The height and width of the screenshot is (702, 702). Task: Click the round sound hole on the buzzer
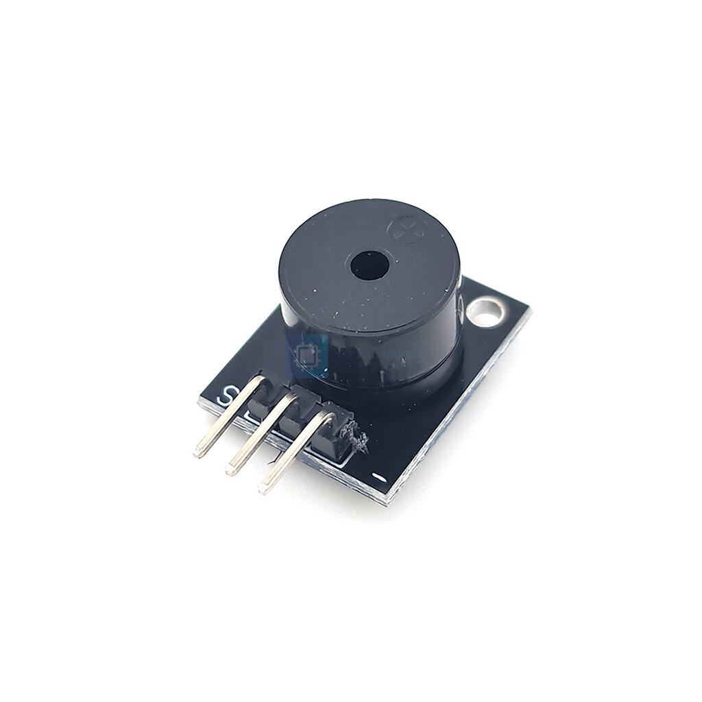coord(370,265)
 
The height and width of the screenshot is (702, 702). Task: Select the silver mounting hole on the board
coord(485,312)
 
